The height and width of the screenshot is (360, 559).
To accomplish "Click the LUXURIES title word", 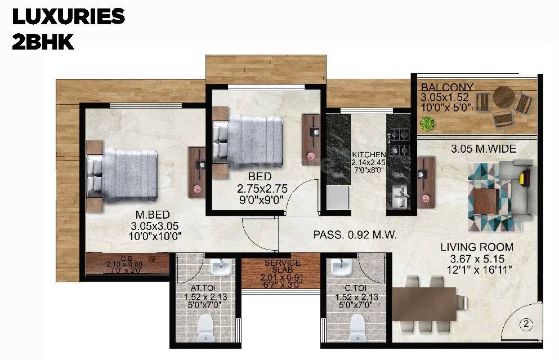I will [x=68, y=17].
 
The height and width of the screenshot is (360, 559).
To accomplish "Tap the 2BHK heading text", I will [x=43, y=42].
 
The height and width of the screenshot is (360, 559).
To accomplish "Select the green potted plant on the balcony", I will [x=427, y=123].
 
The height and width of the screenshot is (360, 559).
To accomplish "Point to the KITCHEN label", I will [x=369, y=154].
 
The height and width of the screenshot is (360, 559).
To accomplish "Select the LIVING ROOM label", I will [x=477, y=247].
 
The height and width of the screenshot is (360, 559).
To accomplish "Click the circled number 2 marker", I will [x=526, y=324].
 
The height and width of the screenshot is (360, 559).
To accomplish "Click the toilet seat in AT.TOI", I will [x=205, y=326].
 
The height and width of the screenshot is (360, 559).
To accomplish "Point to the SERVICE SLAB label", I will [x=274, y=266].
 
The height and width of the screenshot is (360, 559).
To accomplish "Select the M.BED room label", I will [x=150, y=215].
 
